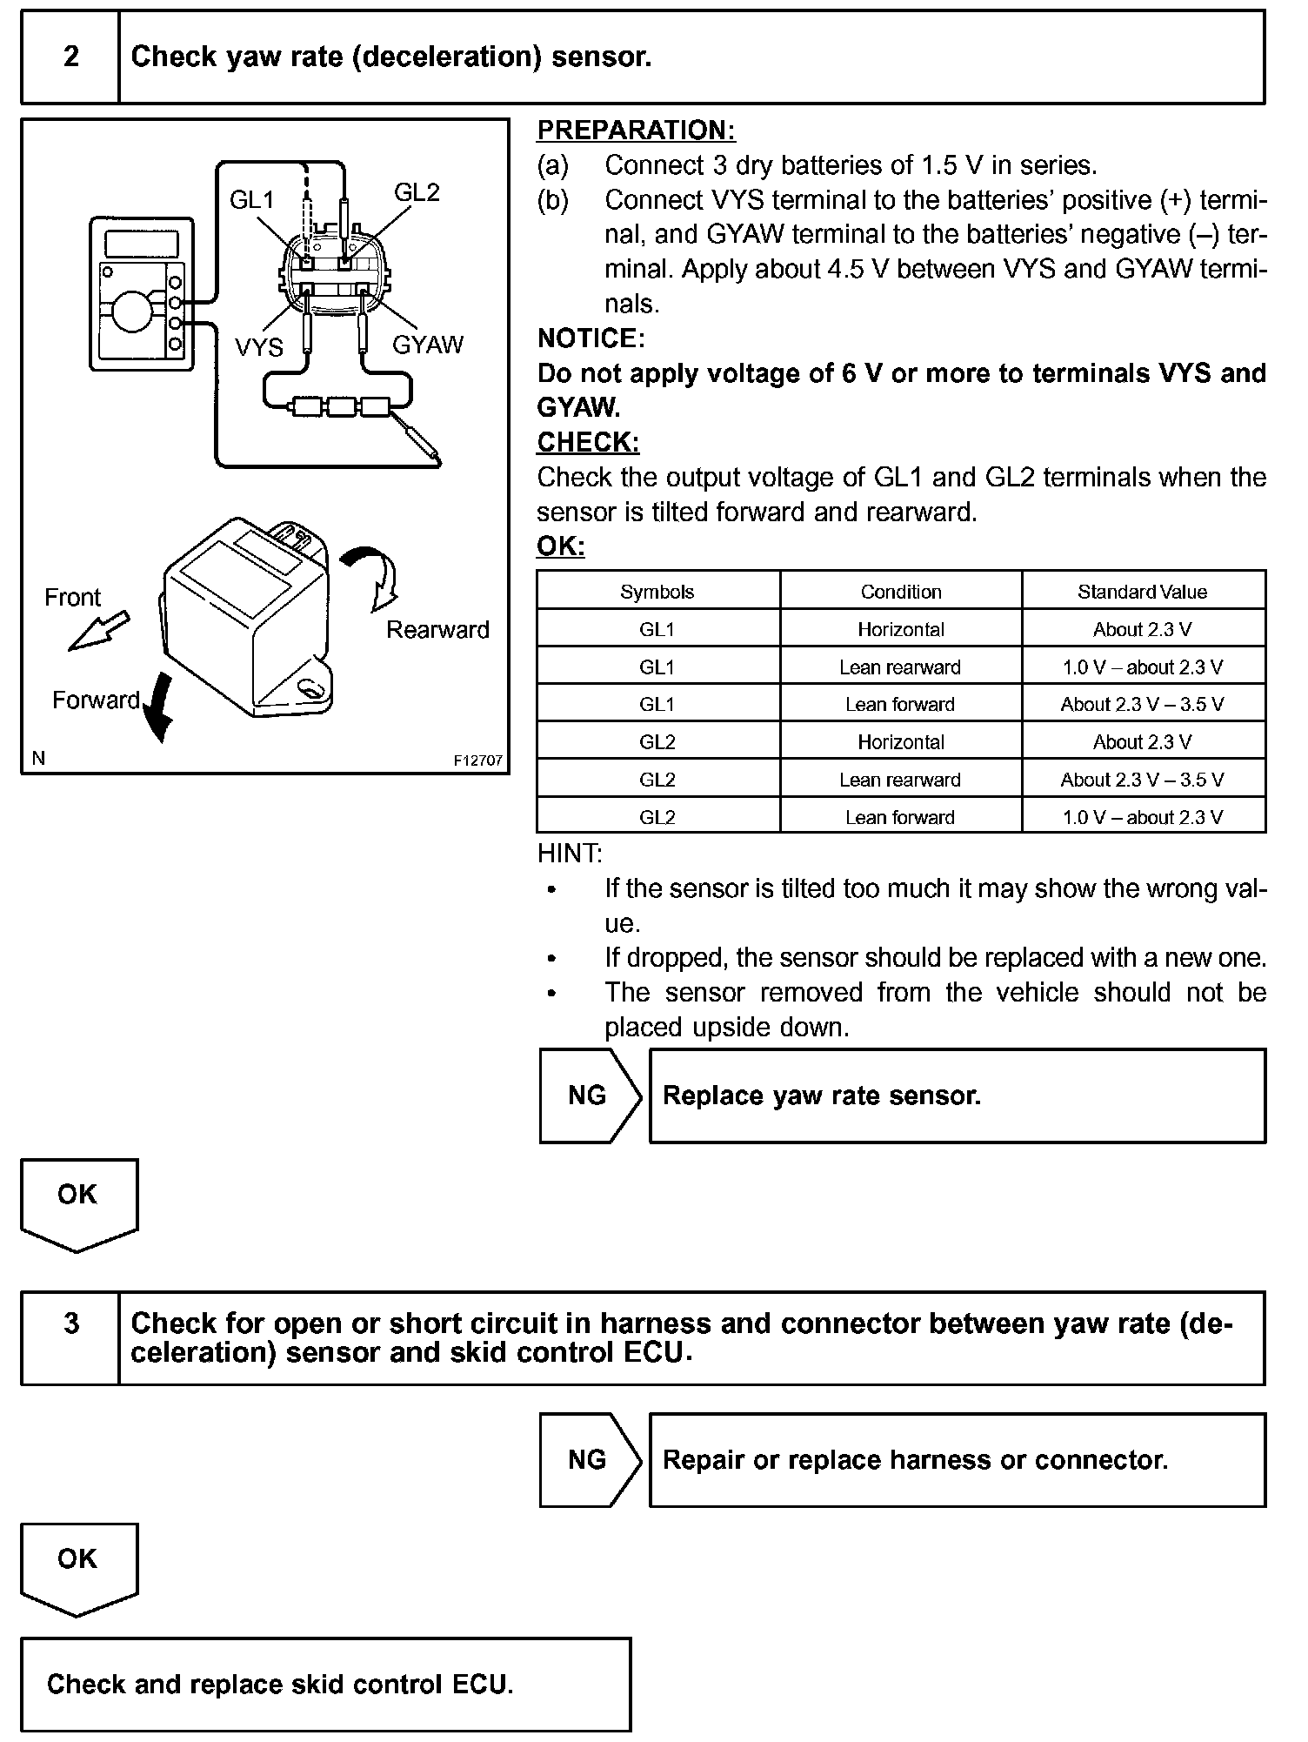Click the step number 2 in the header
tap(70, 57)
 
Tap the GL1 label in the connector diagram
tap(251, 200)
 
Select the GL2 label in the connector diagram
tap(417, 192)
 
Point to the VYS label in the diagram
tap(259, 347)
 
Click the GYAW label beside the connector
tap(428, 345)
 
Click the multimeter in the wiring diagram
tap(139, 295)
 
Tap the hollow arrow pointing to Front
tap(98, 631)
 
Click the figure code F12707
tap(477, 760)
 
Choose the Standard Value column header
tap(1142, 592)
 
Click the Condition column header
tap(901, 592)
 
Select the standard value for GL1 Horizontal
tap(1142, 629)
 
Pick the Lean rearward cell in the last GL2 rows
tap(900, 780)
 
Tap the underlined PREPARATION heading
tap(636, 131)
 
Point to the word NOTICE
tap(591, 338)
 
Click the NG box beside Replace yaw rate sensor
tap(588, 1095)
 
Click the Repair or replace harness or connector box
tap(957, 1460)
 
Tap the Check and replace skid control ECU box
tap(325, 1685)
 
